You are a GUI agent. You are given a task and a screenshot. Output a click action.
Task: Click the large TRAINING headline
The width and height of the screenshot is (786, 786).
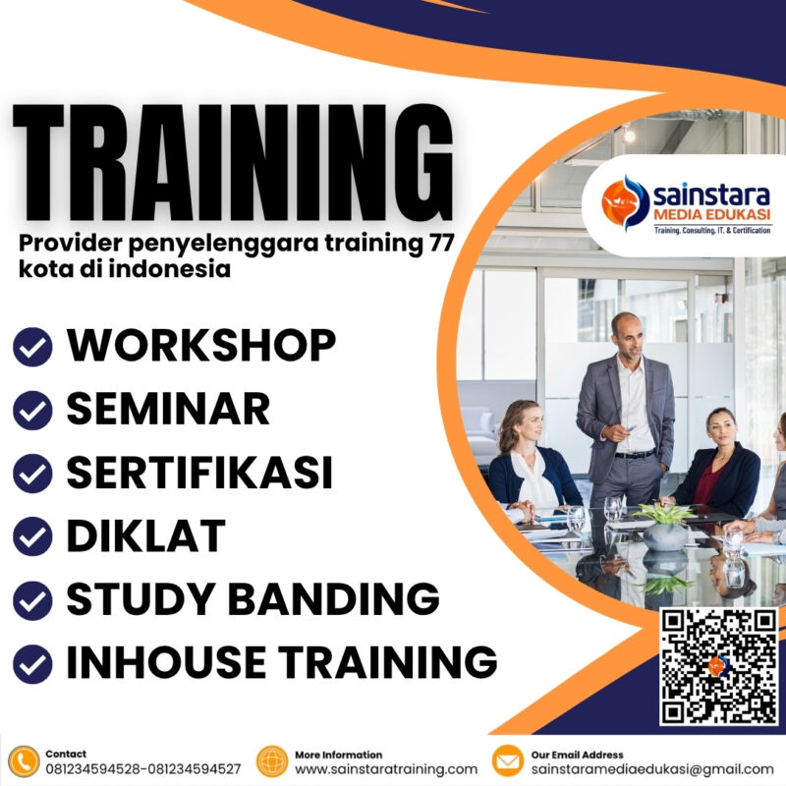coord(234,163)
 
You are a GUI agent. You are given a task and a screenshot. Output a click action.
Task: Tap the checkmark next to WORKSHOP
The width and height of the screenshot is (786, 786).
coord(31,346)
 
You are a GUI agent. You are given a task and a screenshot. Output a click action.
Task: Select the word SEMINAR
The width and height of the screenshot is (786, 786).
coord(168,409)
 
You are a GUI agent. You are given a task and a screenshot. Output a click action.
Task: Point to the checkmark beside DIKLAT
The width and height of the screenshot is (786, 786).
coord(31,536)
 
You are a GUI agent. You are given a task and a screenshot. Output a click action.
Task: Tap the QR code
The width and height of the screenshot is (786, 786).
coord(718,665)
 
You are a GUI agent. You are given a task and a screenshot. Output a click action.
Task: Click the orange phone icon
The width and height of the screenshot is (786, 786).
coord(23,761)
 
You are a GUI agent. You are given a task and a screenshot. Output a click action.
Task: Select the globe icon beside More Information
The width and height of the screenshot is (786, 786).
coord(272,761)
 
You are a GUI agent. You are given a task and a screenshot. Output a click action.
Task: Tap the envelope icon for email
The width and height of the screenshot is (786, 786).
coord(507,761)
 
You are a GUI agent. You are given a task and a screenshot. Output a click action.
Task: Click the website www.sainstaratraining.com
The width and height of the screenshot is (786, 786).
coord(386,769)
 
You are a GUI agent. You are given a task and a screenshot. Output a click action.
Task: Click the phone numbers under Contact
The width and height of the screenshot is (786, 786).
coord(143,769)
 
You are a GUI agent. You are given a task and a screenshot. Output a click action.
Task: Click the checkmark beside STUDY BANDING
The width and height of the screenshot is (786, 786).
coord(31,598)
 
